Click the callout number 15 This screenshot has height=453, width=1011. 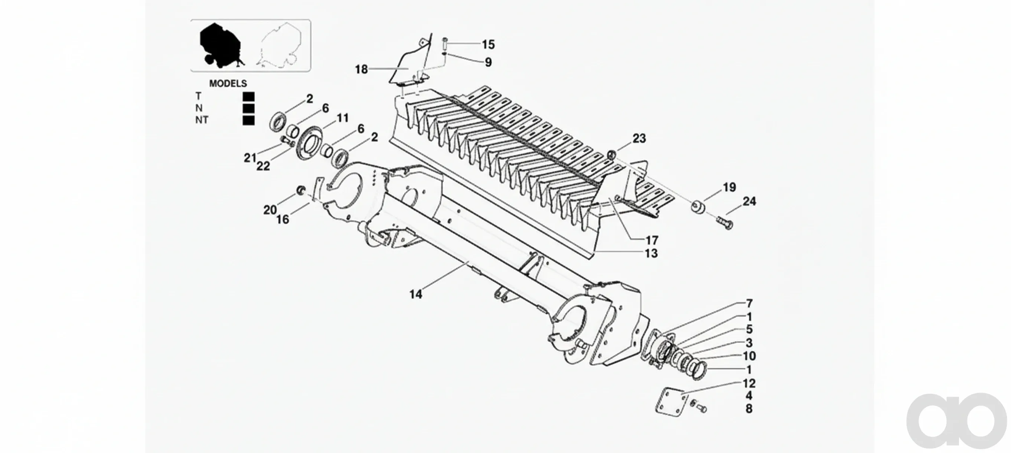coord(488,45)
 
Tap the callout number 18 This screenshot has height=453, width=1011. coord(362,69)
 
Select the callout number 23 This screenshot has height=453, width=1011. coord(639,139)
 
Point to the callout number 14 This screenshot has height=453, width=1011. coord(416,294)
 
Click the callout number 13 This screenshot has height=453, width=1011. coord(651,253)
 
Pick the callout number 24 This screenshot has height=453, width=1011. coord(749,202)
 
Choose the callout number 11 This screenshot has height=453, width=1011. coord(343,118)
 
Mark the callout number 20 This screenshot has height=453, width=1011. coord(270,211)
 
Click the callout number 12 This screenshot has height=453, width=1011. coord(749,383)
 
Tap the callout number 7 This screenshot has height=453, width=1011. coord(749,304)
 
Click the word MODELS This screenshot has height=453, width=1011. coord(228,84)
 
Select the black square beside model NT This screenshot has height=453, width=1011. coord(248,120)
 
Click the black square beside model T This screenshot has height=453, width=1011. coord(248,97)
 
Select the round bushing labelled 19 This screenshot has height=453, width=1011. coord(698,206)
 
